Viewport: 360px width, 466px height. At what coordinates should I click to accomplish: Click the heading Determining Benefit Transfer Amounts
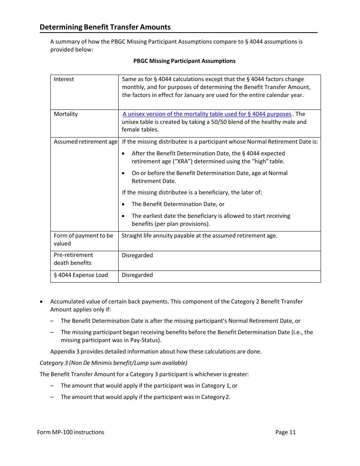105,27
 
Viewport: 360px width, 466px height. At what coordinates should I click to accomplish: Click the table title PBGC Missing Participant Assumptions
184,61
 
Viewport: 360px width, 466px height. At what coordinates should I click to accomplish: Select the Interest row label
64,79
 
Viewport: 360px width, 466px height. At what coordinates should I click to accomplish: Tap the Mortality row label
66,114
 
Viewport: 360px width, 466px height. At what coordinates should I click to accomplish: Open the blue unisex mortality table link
207,114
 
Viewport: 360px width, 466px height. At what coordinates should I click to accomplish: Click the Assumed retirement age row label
85,142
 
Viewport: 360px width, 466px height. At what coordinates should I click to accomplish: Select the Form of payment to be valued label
83,239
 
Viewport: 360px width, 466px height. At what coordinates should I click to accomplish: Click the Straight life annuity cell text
199,236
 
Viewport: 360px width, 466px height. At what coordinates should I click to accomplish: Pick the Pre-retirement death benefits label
73,259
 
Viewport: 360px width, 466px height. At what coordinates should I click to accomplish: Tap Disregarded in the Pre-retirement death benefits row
137,255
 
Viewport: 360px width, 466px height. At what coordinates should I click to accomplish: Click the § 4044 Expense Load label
81,275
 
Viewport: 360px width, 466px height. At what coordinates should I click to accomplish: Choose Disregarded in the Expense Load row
137,275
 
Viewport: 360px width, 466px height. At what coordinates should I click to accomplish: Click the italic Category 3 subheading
113,363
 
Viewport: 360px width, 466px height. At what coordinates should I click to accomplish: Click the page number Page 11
285,432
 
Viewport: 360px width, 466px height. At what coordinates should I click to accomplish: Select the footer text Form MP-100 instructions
70,432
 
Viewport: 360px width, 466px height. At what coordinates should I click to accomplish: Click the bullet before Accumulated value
41,302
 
